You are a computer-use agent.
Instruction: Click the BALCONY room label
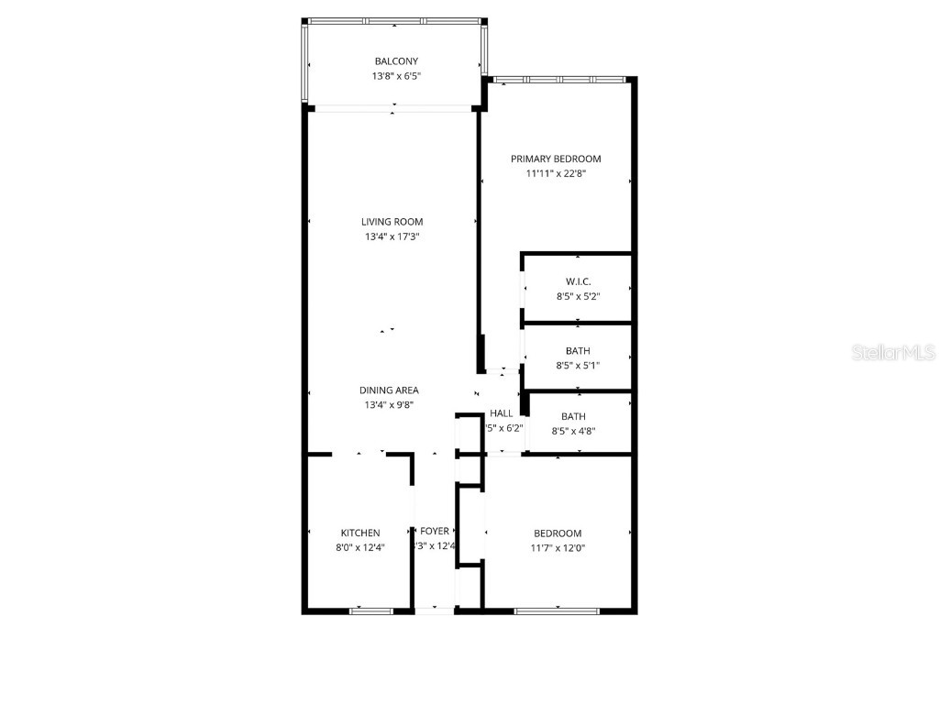(396, 61)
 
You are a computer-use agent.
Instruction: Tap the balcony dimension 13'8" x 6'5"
(396, 76)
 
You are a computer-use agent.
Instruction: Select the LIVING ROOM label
(392, 222)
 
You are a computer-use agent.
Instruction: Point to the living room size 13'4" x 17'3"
(392, 236)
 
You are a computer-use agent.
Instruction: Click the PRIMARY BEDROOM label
(556, 159)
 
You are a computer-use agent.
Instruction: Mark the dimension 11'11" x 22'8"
(556, 173)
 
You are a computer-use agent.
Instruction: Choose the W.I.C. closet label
(578, 281)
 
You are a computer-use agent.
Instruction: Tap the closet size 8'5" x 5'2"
(578, 296)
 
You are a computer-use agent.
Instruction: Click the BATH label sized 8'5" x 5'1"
(578, 351)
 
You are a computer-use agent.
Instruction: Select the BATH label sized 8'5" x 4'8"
(573, 416)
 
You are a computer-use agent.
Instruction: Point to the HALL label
(502, 413)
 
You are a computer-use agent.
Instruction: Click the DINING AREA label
(389, 390)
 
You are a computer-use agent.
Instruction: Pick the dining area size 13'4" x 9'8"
(389, 404)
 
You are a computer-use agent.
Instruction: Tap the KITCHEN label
(360, 533)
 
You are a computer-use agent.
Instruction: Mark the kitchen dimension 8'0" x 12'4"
(360, 548)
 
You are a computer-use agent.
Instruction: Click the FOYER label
(435, 532)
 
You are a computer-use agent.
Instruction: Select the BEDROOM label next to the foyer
(558, 533)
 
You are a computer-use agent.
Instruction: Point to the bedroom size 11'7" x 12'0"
(558, 548)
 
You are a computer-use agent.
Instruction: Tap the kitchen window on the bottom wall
(371, 610)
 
